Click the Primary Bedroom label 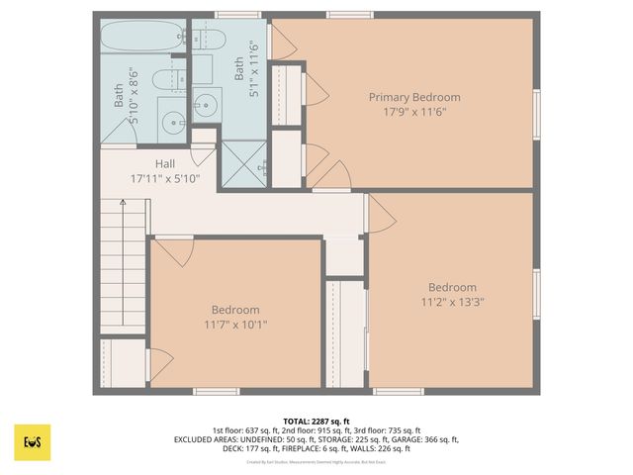414,97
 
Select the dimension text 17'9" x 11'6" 414,112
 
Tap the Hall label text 166,164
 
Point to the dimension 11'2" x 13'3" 452,302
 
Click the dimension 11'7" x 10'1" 235,324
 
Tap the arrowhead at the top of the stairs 123,203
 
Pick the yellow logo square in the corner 33,442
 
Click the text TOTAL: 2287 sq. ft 316,421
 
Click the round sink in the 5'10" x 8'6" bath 174,123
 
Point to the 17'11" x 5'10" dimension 166,179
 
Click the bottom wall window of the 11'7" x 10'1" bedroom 217,391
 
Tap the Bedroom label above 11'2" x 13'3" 452,288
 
